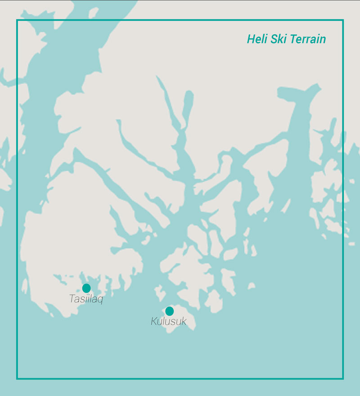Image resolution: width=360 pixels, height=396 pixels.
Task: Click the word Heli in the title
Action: [x=257, y=39]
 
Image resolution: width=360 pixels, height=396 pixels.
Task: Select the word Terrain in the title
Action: [x=308, y=39]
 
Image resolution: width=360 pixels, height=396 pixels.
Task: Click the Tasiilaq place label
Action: [x=86, y=299]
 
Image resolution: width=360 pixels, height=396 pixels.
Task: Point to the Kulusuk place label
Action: [x=168, y=322]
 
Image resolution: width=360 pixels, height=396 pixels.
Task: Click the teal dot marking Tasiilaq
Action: [x=86, y=288]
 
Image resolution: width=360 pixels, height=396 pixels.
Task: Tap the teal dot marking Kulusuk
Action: [x=169, y=311]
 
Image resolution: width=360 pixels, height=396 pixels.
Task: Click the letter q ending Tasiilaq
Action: [x=100, y=300]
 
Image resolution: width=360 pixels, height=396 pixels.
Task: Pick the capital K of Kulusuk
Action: [x=154, y=322]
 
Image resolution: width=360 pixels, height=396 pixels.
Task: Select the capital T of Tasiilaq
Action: [x=72, y=298]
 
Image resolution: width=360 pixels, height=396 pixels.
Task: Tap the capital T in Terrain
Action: [x=293, y=39]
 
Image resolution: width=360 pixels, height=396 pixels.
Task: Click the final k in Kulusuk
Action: [x=183, y=322]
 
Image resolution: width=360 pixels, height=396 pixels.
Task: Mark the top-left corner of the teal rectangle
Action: [x=17, y=20]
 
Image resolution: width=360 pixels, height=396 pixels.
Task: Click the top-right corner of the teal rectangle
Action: [x=343, y=20]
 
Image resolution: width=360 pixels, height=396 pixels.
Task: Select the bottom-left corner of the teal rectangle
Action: [x=17, y=378]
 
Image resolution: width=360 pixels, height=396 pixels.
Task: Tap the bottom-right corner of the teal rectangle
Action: [x=343, y=378]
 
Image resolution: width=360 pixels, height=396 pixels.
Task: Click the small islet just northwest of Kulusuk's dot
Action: [x=160, y=293]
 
